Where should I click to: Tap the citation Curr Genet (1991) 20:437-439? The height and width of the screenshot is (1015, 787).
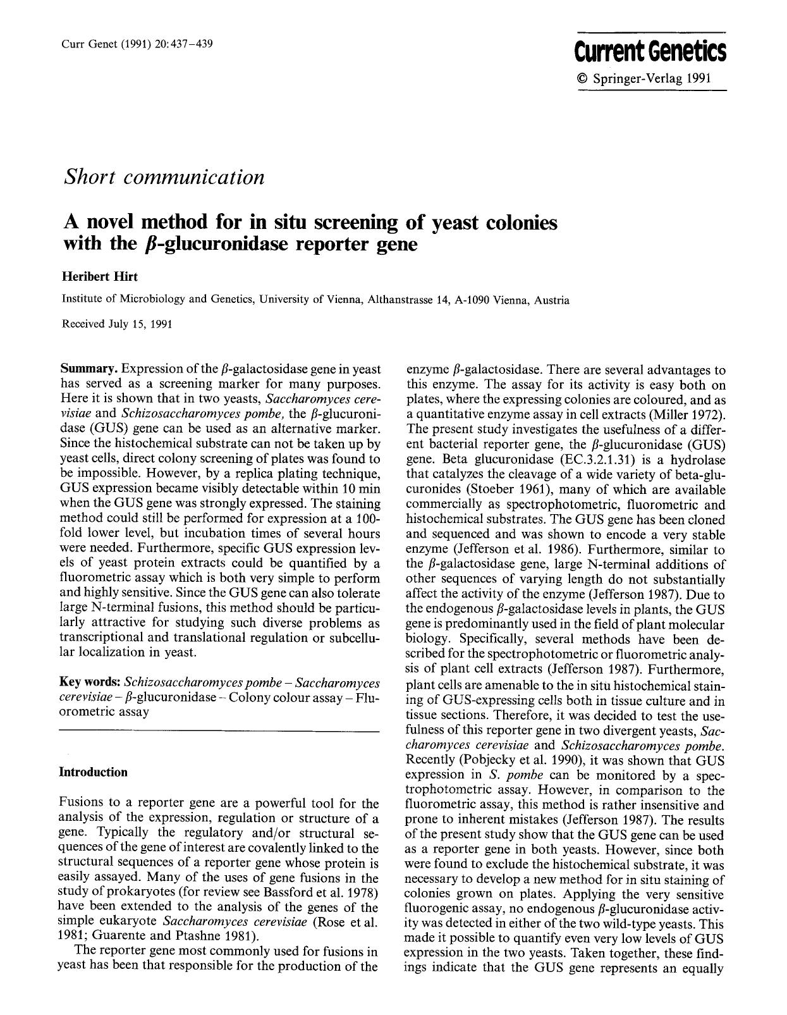coord(137,44)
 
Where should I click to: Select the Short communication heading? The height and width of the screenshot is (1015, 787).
coord(164,177)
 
